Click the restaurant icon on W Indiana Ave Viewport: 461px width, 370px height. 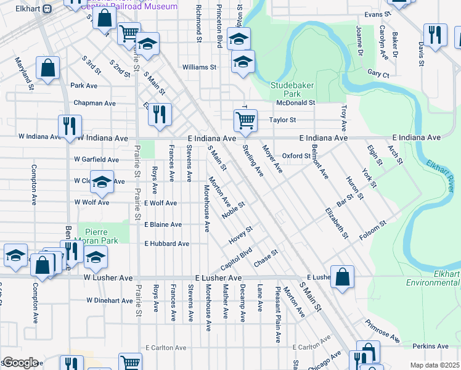pos(69,126)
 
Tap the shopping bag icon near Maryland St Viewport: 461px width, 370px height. pos(47,68)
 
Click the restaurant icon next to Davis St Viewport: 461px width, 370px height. pos(435,35)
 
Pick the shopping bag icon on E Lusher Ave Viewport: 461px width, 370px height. pos(342,277)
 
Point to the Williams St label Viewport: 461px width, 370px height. pos(199,67)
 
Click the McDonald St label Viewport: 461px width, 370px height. pos(295,103)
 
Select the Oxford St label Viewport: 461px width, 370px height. pos(296,156)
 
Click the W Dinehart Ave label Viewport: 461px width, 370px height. pos(109,301)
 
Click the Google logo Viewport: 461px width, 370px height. pos(20,363)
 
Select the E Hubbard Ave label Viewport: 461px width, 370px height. pos(166,244)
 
